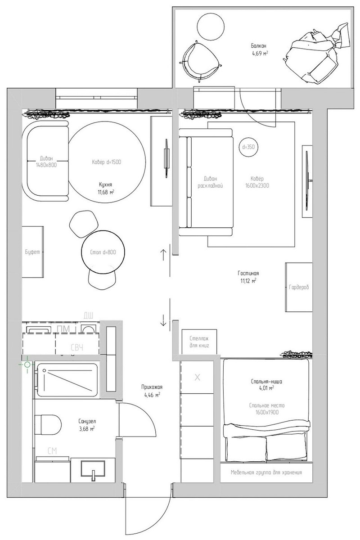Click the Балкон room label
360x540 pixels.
point(258,46)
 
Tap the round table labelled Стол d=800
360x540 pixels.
point(103,252)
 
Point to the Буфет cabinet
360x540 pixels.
point(33,252)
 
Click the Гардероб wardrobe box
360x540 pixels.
point(299,287)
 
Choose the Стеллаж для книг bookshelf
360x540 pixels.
point(199,342)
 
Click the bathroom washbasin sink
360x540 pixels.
point(93,469)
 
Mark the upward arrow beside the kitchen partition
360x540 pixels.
point(163,255)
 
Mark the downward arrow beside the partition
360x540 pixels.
point(163,320)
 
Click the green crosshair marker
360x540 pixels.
point(27,364)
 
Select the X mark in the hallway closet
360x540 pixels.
point(197,377)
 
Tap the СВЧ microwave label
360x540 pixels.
point(77,347)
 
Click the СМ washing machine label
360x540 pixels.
point(52,451)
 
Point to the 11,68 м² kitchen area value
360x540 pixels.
point(106,193)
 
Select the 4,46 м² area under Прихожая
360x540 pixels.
point(152,395)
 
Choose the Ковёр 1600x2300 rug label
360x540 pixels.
point(257,182)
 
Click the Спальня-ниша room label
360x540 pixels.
point(266,382)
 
